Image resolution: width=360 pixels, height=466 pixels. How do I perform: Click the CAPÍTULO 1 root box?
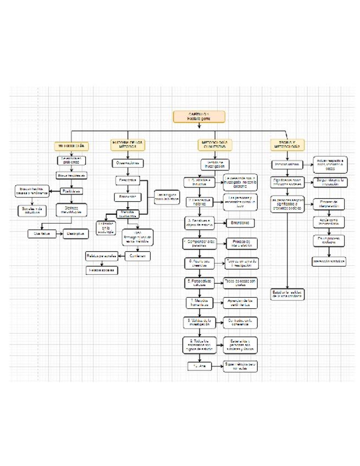191,116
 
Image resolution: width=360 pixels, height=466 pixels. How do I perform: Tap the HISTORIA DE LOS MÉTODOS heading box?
128,145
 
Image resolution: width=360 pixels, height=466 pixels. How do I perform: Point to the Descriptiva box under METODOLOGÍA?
75,234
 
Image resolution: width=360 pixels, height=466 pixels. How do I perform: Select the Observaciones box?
128,163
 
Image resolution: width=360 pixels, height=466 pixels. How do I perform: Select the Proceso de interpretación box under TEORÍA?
329,204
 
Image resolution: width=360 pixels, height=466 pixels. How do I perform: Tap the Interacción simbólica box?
329,262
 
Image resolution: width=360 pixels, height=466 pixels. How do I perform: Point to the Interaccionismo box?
286,164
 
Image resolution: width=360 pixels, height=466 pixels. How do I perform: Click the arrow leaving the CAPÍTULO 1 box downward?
191,126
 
